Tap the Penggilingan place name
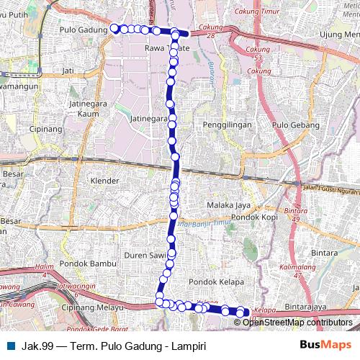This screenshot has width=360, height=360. (x=228, y=125)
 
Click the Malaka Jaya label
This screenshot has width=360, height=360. (x=228, y=204)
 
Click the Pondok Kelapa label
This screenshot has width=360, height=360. (x=215, y=282)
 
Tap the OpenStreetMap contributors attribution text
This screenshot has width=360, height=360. (x=297, y=322)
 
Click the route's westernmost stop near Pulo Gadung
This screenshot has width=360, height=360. (x=114, y=28)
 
